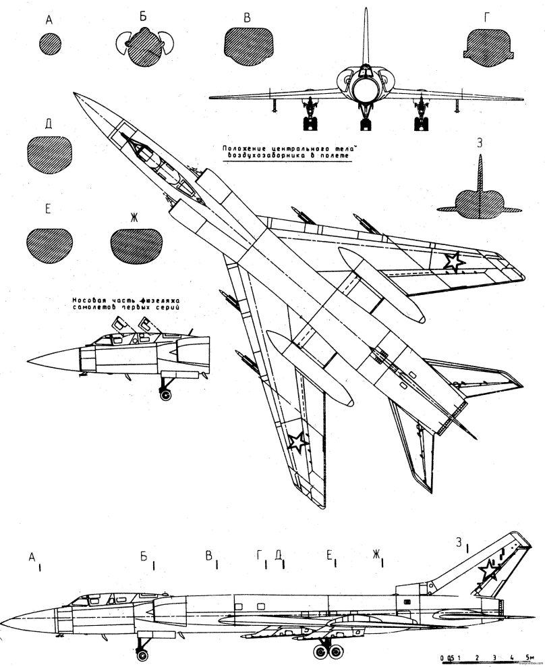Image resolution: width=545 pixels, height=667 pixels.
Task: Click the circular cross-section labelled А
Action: coord(50,45)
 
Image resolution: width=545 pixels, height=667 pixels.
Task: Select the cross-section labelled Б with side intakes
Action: coord(144,45)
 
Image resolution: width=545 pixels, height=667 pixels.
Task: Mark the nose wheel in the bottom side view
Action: coord(142,654)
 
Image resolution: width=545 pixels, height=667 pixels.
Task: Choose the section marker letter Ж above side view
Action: coord(375,555)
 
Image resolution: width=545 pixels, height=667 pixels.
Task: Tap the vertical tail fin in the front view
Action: coord(366,41)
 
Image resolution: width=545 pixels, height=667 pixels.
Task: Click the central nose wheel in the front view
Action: coord(366,122)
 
